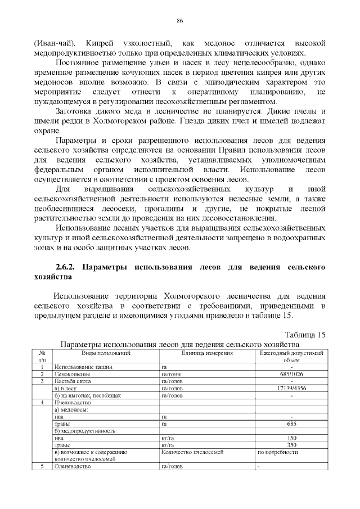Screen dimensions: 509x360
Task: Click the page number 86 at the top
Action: coord(180,21)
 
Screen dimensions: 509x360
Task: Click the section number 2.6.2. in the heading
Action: coord(68,267)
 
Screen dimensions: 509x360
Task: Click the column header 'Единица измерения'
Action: coord(199,353)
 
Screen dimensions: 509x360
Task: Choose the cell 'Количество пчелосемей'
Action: coord(192,452)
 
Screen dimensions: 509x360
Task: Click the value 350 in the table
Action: coord(291,445)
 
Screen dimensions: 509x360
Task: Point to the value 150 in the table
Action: coord(291,438)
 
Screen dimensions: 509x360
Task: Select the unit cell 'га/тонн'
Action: coord(170,374)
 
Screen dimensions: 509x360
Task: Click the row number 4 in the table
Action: coord(42,403)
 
